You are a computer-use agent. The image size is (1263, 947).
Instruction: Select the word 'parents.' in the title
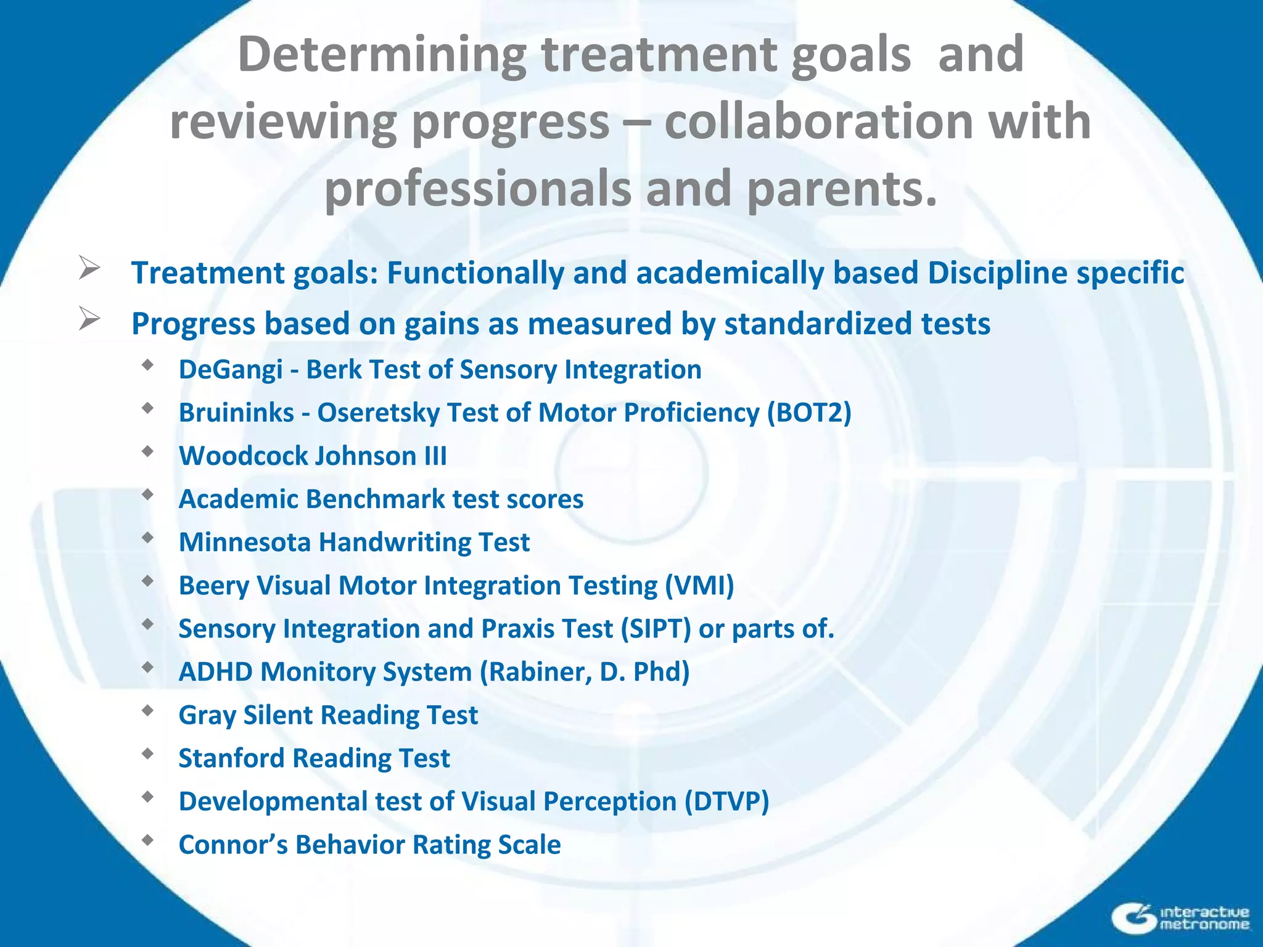(x=842, y=188)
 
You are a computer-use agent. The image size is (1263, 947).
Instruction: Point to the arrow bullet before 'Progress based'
(x=89, y=319)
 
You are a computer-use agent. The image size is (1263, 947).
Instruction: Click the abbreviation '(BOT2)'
(x=809, y=413)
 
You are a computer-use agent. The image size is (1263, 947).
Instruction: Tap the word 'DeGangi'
(x=231, y=370)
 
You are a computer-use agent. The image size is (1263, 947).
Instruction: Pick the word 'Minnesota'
(x=245, y=543)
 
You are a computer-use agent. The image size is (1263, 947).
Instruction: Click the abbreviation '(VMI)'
(x=699, y=586)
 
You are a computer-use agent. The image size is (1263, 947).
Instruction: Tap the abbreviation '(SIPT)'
(x=656, y=629)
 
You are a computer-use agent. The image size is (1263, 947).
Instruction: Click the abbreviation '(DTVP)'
(x=726, y=801)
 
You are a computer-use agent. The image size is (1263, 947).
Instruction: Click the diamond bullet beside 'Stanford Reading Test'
(x=147, y=753)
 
